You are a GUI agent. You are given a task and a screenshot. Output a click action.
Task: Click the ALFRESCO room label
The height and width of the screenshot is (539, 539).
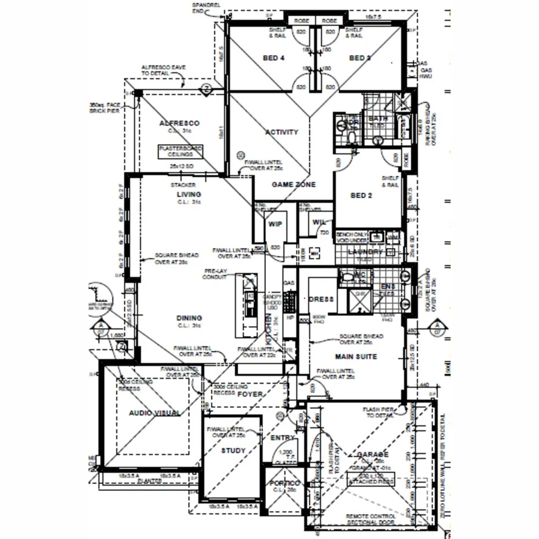(179, 123)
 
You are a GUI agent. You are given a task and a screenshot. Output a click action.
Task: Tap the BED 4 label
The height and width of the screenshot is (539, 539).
(274, 58)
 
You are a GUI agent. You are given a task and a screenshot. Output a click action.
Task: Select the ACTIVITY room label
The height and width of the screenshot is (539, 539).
(282, 132)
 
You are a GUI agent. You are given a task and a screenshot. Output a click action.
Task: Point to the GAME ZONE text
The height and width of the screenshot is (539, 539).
(294, 184)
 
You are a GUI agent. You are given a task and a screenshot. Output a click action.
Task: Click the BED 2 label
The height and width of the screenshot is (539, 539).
(361, 195)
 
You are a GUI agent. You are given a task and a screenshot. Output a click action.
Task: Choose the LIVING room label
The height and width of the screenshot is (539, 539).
(189, 194)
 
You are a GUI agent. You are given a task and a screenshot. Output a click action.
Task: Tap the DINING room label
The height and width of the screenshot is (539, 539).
(189, 318)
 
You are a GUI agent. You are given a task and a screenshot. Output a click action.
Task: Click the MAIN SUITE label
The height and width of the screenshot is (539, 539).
(356, 357)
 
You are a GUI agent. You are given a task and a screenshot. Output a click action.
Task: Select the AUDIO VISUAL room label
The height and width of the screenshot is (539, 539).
(154, 412)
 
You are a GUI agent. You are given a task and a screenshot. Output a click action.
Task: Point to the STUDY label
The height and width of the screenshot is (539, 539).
(234, 451)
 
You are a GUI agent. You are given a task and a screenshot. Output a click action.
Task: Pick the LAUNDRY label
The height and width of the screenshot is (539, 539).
(366, 252)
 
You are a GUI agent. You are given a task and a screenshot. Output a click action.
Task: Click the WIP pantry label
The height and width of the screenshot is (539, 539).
(274, 224)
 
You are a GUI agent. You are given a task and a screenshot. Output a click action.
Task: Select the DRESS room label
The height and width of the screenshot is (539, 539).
(322, 299)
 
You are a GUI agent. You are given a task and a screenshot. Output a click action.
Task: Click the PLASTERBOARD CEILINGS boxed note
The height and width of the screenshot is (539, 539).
(180, 152)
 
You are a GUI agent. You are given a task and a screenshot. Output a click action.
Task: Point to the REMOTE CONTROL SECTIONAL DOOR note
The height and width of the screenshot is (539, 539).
(371, 519)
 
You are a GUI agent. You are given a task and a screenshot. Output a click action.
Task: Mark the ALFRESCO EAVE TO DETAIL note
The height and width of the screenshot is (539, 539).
(164, 71)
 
